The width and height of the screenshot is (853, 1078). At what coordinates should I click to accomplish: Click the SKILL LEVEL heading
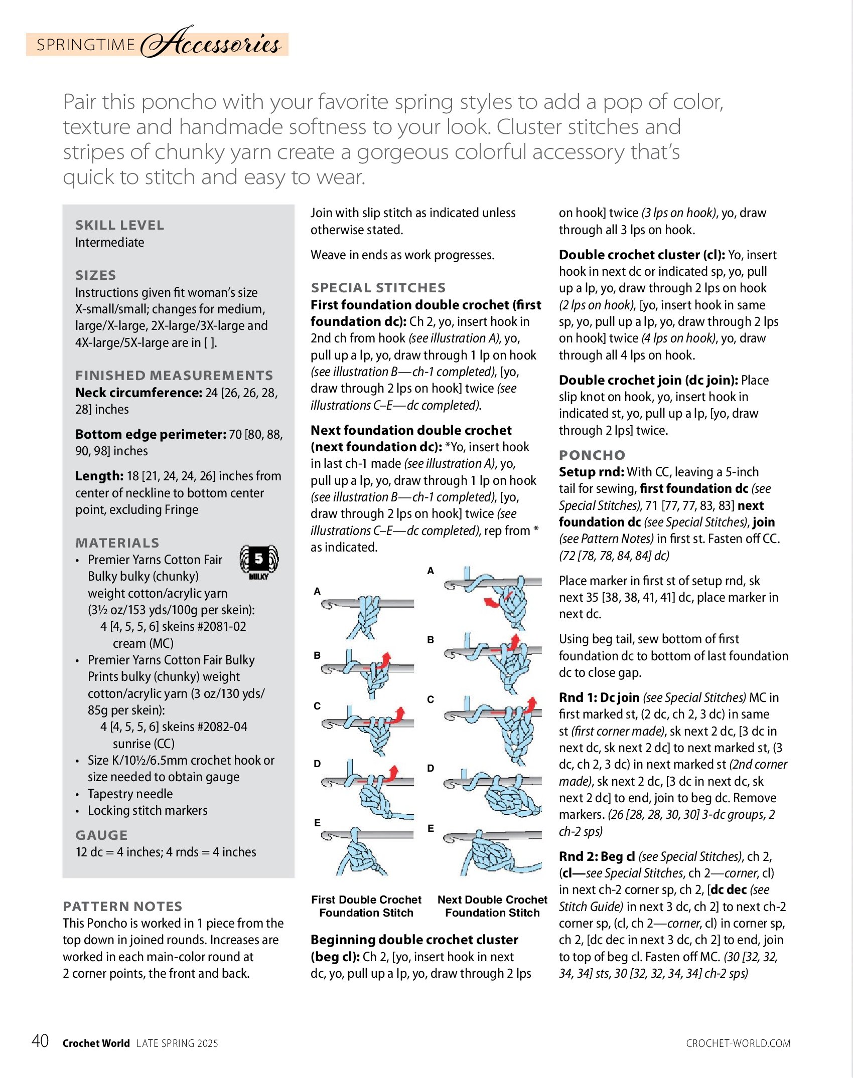(x=119, y=225)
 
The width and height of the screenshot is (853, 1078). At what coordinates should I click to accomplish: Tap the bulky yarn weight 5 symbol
(x=259, y=561)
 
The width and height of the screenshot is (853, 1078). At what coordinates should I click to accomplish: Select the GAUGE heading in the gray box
(x=101, y=835)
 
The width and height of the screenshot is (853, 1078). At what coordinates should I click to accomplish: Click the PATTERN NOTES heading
(x=122, y=907)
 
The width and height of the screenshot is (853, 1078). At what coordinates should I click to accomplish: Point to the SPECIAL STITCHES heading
(x=378, y=288)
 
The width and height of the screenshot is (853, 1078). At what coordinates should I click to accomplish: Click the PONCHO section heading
(x=592, y=455)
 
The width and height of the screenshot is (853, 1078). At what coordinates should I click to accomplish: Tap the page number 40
(x=40, y=1041)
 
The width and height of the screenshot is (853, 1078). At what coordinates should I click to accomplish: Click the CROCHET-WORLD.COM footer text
(x=738, y=1043)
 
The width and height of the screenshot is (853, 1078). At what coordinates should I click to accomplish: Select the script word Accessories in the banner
(x=211, y=43)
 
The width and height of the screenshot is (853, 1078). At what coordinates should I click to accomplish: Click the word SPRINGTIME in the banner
(x=86, y=45)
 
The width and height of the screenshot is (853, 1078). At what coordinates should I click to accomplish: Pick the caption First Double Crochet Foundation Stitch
(x=366, y=906)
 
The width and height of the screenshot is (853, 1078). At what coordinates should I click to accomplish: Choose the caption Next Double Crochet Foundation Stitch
(x=492, y=906)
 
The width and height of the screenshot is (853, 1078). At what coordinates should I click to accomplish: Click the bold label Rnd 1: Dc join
(x=599, y=697)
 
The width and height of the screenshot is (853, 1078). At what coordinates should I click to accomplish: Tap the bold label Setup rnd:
(x=592, y=472)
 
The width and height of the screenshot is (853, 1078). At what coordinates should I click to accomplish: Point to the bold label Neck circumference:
(x=139, y=393)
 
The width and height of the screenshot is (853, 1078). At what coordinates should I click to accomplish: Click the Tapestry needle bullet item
(x=130, y=794)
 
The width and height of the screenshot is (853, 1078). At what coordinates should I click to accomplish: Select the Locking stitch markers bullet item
(x=148, y=810)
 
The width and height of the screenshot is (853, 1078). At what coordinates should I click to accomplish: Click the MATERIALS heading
(x=117, y=543)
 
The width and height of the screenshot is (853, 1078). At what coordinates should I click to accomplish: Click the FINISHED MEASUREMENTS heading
(x=174, y=376)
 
